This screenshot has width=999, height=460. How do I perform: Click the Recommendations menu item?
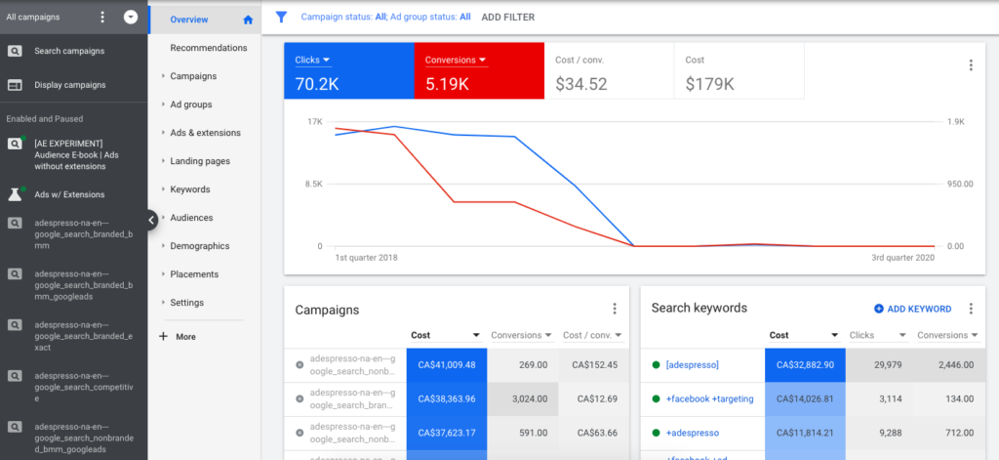[x=208, y=48]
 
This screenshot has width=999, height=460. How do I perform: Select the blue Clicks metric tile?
[x=348, y=71]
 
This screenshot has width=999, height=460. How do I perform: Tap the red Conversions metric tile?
[x=478, y=71]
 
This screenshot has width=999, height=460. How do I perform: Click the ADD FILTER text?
[x=507, y=17]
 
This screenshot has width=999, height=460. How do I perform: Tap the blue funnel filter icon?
[x=281, y=17]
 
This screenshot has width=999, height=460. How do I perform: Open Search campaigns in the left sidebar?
[x=69, y=51]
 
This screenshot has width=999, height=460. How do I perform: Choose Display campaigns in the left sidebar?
[x=69, y=85]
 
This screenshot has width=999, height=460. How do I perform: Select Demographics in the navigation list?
[x=199, y=246]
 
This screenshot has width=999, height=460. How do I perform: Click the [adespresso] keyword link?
[x=692, y=365]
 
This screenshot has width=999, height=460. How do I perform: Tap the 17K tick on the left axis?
[x=314, y=122]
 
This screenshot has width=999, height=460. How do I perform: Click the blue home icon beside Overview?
[x=248, y=20]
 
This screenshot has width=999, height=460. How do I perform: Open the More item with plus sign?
[x=185, y=336]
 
